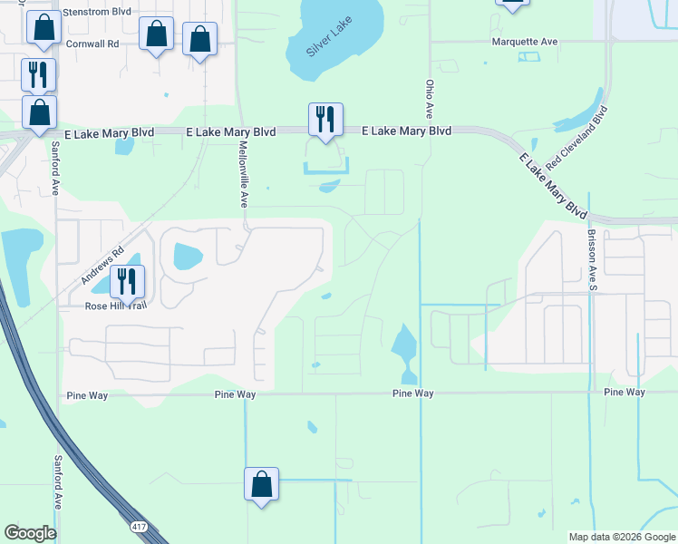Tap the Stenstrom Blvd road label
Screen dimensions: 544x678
pyautogui.click(x=95, y=12)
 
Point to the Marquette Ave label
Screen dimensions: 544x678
pyautogui.click(x=525, y=42)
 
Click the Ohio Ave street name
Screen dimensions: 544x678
pyautogui.click(x=430, y=98)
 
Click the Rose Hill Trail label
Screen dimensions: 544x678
pyautogui.click(x=115, y=306)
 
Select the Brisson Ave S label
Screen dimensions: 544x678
pyautogui.click(x=594, y=258)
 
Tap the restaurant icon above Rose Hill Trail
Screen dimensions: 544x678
pyautogui.click(x=127, y=282)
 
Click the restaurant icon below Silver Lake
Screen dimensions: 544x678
pyautogui.click(x=325, y=119)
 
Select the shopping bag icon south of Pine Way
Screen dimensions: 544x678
pyautogui.click(x=261, y=483)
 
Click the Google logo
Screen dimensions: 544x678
pyautogui.click(x=31, y=533)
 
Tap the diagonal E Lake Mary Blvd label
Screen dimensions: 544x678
pyautogui.click(x=553, y=184)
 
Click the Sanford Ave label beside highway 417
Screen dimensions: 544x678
pyautogui.click(x=57, y=481)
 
